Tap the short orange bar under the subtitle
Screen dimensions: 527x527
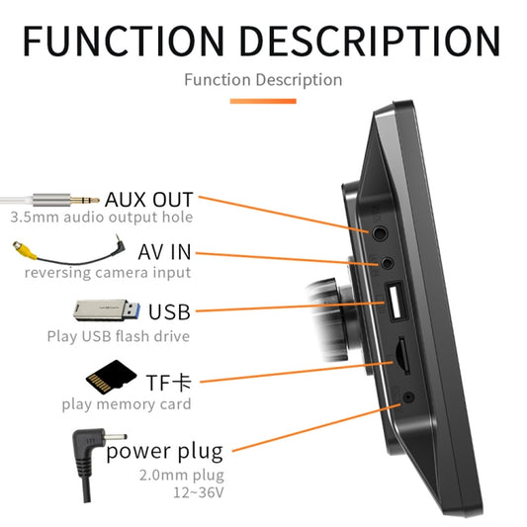click(x=263, y=100)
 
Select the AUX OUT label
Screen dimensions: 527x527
click(x=149, y=199)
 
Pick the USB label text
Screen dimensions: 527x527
click(x=169, y=312)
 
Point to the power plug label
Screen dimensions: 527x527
click(x=165, y=452)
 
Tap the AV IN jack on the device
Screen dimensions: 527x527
click(x=389, y=265)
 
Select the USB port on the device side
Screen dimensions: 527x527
click(x=393, y=304)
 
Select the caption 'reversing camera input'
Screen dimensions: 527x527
click(x=108, y=272)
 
